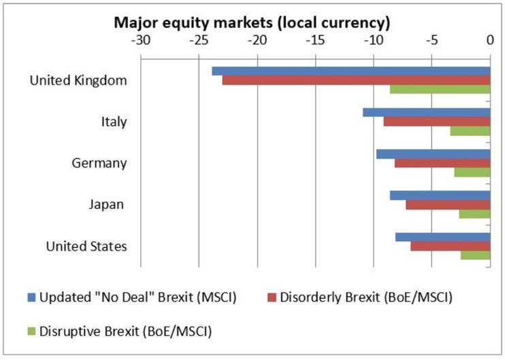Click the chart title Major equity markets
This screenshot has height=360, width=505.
point(252,22)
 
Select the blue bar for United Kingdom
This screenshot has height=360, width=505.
point(351,71)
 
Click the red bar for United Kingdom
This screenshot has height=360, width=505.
point(356,80)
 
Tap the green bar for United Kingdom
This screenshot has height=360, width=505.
point(440,89)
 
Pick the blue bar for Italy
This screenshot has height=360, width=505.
point(427,112)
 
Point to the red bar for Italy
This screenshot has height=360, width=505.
point(437,122)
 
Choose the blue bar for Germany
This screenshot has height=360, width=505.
point(433,154)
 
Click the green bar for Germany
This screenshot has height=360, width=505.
point(472,172)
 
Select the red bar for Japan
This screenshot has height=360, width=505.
point(448,205)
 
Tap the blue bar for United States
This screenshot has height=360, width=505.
point(442,237)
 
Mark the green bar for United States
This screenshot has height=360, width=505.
point(475,255)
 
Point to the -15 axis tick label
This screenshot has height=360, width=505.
point(315,39)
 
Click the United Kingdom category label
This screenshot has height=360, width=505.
point(78,80)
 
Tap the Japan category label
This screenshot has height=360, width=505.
point(106,204)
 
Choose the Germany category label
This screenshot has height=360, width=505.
point(99,163)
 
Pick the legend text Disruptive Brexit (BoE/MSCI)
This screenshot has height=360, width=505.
point(127,331)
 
